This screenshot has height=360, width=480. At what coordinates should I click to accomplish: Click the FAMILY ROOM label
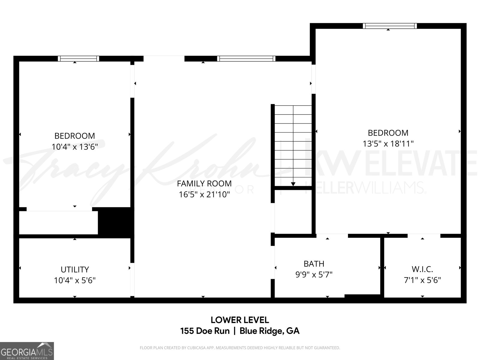[x=204, y=183]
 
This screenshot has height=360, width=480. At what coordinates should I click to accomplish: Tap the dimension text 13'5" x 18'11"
[x=388, y=144]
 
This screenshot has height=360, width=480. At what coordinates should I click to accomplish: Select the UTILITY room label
[x=75, y=269]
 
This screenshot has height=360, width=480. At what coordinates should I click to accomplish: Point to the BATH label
[x=314, y=264]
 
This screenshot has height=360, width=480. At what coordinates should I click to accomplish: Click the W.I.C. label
[x=422, y=269]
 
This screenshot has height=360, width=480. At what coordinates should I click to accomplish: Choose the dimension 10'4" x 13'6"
[x=75, y=147]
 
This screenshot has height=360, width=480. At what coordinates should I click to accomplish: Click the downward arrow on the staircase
[x=293, y=184]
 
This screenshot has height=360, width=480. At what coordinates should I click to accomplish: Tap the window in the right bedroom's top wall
[x=390, y=26]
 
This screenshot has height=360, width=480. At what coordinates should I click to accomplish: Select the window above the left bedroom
[x=78, y=58]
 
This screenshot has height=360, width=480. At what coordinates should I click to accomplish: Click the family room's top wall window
[x=246, y=58]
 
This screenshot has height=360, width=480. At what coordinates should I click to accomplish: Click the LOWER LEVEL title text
[x=240, y=320]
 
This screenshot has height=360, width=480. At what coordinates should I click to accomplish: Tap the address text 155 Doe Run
[x=205, y=331]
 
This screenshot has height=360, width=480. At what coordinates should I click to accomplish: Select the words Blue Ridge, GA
[x=269, y=331]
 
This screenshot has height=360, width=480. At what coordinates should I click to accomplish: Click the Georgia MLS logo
[x=27, y=351]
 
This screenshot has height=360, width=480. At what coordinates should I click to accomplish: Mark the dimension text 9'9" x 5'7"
[x=314, y=274]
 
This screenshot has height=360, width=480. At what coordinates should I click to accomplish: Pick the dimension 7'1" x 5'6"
[x=422, y=280]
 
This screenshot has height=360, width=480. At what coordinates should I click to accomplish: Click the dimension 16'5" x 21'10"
[x=204, y=195]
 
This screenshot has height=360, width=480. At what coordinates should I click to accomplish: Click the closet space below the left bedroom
[x=58, y=223]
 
